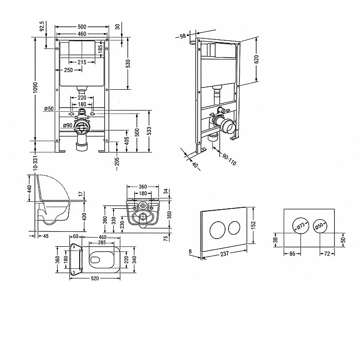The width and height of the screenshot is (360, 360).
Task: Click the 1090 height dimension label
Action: [35, 87]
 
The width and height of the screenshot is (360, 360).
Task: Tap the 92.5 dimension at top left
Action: [42, 26]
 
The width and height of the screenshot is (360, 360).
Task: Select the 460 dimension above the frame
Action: [82, 34]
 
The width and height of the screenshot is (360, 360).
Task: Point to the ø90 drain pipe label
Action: [68, 125]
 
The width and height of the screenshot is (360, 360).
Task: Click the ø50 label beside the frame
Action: [49, 108]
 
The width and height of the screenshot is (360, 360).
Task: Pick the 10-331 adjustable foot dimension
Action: [35, 163]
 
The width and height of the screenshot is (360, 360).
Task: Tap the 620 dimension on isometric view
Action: [256, 59]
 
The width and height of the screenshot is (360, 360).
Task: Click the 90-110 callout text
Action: [229, 159]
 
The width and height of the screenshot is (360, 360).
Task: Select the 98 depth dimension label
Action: [182, 36]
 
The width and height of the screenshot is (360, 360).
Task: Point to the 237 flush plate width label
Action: [224, 253]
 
